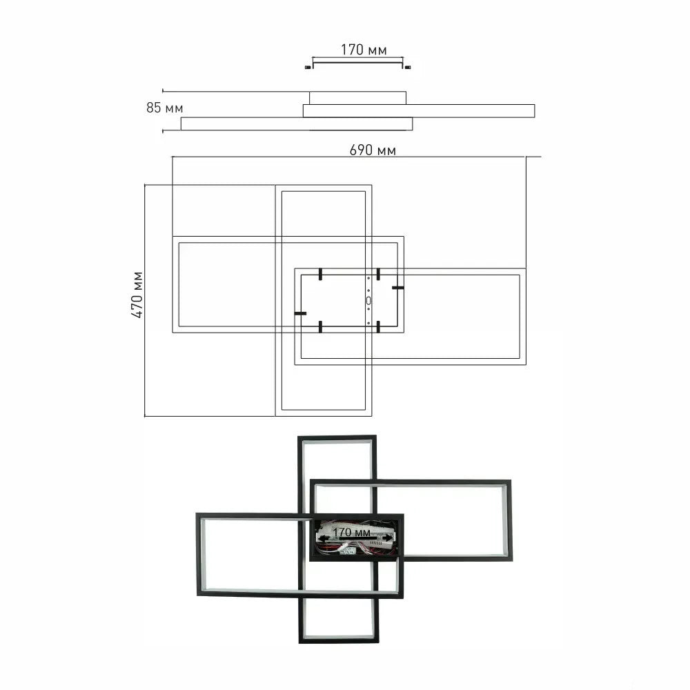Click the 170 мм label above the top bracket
(x=364, y=50)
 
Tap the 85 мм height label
(x=165, y=108)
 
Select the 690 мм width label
(x=373, y=150)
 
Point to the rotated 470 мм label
(x=137, y=295)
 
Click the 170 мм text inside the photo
(x=351, y=532)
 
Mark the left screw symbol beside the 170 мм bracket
(x=308, y=67)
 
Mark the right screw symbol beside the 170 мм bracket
(x=408, y=67)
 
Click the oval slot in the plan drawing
(x=368, y=301)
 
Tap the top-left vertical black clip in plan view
(x=321, y=274)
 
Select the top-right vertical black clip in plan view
(x=378, y=274)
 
